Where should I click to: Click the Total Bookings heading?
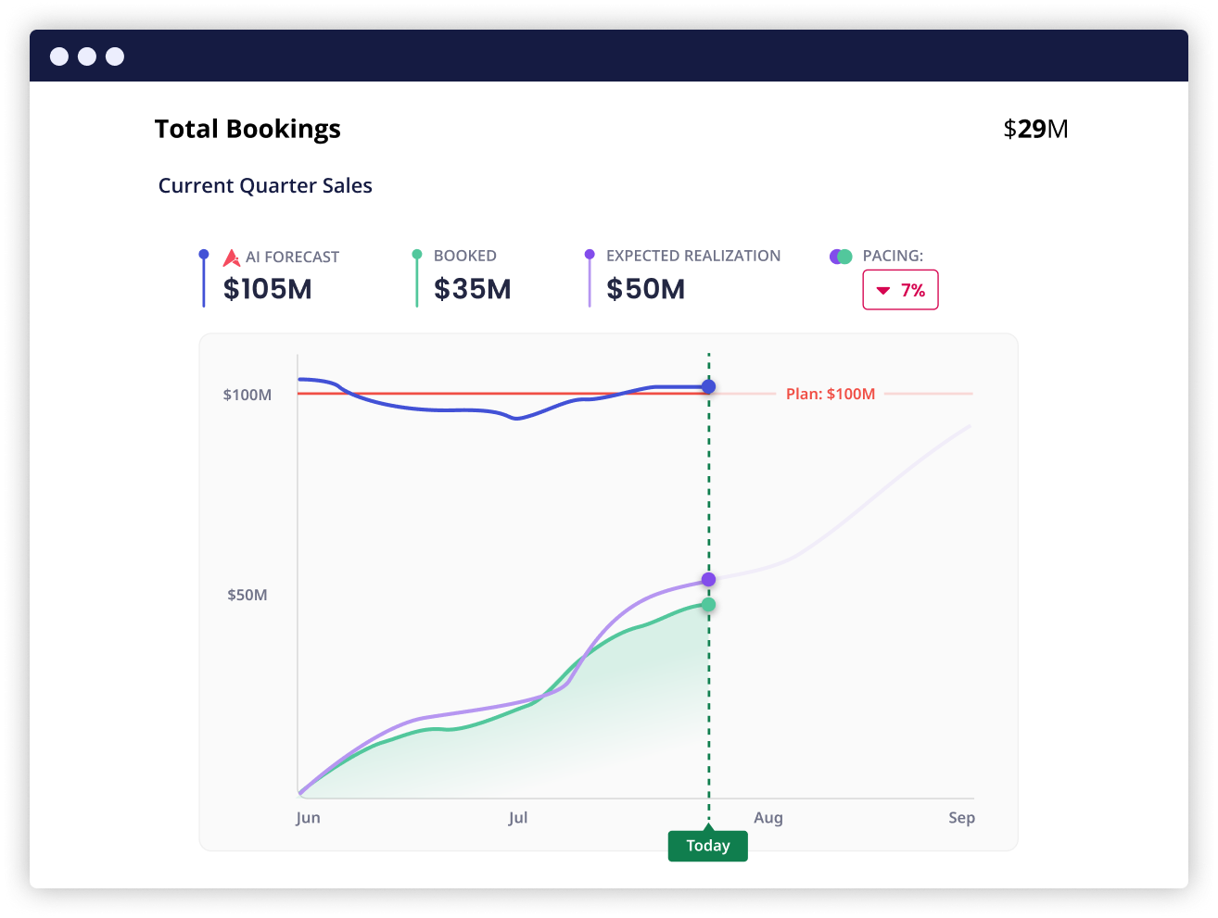247,129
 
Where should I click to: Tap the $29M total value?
1035,129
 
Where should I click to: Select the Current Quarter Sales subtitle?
265,185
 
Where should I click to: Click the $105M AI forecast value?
267,289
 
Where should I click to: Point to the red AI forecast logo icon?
232,258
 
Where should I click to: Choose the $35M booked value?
472,289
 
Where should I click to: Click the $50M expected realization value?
645,289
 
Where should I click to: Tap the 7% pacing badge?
900,290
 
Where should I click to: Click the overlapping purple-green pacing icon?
841,257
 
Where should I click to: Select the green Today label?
707,846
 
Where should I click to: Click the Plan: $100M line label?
830,394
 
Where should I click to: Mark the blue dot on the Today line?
708,386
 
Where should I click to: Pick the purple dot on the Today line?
708,580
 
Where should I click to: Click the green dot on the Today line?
708,605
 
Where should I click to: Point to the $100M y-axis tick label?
247,395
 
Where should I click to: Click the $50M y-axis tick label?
247,595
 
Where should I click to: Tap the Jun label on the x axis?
308,818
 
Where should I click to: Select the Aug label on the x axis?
768,818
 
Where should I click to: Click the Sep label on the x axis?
961,818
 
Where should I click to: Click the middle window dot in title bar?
87,57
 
